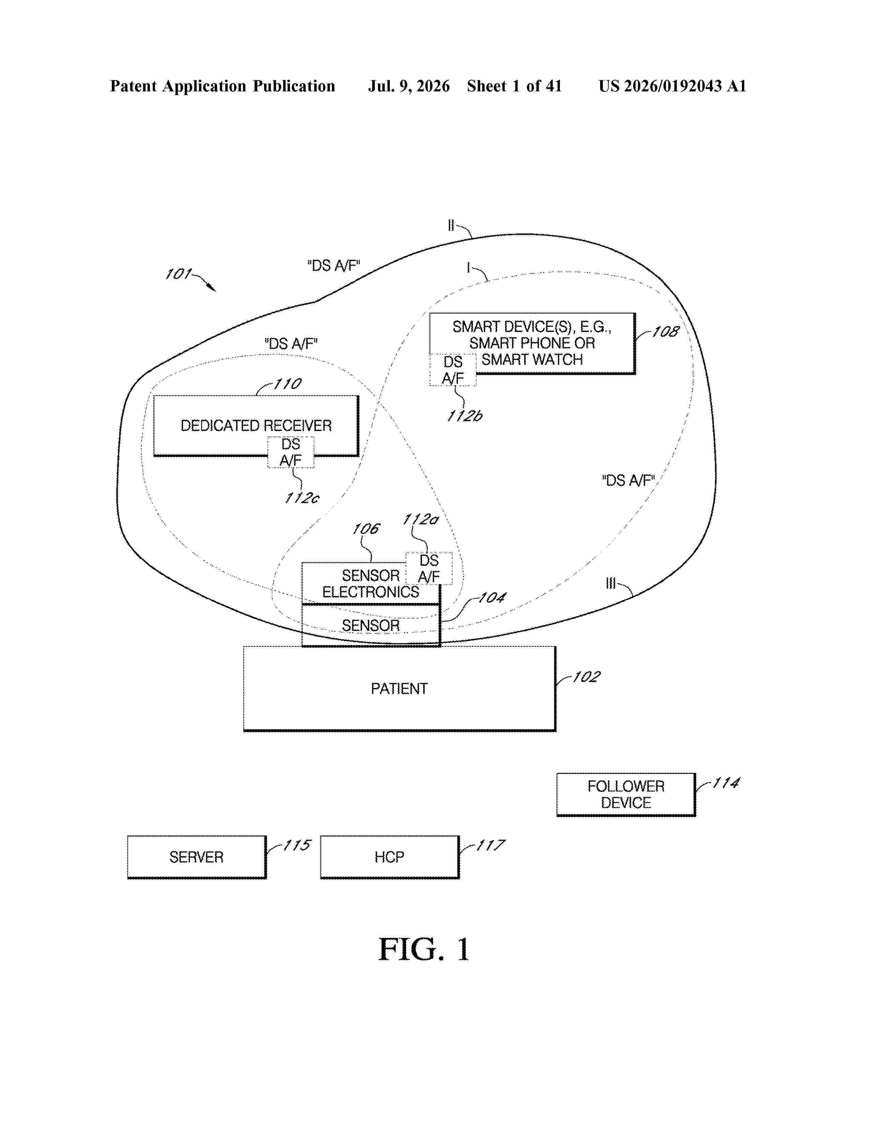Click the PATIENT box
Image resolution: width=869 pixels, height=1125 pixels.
(x=399, y=688)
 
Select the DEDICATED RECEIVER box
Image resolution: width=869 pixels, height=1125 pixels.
(x=256, y=425)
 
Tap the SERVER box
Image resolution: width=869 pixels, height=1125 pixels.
(x=197, y=857)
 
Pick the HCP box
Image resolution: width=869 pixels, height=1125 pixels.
(x=390, y=857)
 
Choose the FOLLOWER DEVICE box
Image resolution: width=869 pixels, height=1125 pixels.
(x=626, y=794)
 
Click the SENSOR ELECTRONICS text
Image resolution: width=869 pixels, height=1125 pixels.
(x=371, y=584)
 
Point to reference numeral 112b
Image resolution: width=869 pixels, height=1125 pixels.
(x=464, y=416)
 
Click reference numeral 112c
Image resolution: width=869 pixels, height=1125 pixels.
(x=302, y=498)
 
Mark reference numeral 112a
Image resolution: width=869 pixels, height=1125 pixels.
(x=420, y=519)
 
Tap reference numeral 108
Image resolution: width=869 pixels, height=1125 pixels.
(x=666, y=331)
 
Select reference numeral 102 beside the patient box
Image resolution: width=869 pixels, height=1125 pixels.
(x=586, y=676)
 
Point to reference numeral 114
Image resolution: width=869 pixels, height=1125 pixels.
(x=726, y=783)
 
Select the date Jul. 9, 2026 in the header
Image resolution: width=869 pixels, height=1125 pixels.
(x=409, y=86)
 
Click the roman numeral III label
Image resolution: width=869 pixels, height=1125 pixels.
(x=611, y=583)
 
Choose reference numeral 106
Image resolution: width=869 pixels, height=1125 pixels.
(x=366, y=528)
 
